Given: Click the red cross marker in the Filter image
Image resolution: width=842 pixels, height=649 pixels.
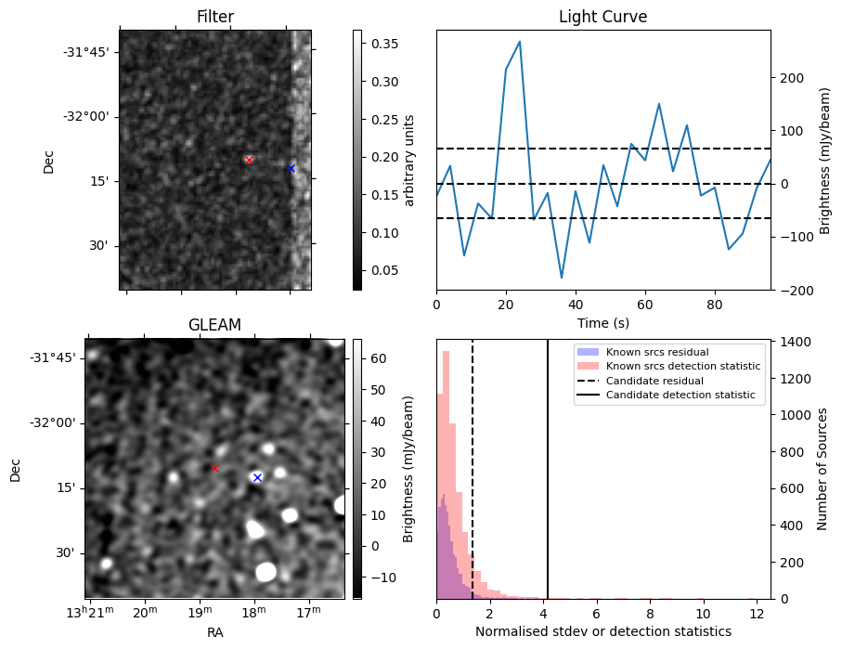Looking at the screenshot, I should click(x=249, y=160).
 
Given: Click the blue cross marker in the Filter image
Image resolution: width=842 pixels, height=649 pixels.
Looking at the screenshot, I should click(x=291, y=168).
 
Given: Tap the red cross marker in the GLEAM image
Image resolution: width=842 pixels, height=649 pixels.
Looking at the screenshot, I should click(x=214, y=468).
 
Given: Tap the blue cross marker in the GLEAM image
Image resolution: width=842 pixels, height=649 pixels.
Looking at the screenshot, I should click(x=257, y=477).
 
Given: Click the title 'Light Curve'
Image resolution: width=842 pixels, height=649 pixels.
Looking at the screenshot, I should click(x=602, y=17).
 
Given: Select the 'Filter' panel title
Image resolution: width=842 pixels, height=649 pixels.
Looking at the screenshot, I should click(x=215, y=17).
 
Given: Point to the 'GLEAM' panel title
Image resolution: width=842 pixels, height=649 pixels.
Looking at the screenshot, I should click(x=214, y=324).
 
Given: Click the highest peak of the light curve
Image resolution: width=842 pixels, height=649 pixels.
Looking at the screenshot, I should click(x=520, y=42).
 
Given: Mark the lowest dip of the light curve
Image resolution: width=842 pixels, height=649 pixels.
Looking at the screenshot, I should click(x=562, y=278).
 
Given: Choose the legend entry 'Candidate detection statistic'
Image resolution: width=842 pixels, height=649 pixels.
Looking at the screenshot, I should click(x=680, y=396).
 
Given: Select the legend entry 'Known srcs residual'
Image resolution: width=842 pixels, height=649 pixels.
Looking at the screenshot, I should click(x=657, y=352).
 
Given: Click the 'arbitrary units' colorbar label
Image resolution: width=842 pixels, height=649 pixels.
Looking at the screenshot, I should click(x=408, y=160).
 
